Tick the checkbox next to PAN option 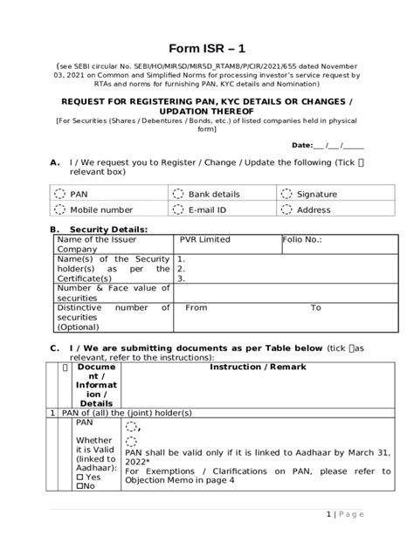tap(59, 193)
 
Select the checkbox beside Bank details tap(178, 193)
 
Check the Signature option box tap(287, 193)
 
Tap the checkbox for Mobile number tap(59, 210)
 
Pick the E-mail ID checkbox tap(178, 210)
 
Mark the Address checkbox tap(287, 210)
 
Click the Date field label tap(301, 145)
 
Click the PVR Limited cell tap(205, 239)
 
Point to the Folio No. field tap(302, 239)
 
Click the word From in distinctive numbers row tap(197, 307)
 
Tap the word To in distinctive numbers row tap(315, 307)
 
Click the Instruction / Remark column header tap(258, 368)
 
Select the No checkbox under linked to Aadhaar tap(79, 485)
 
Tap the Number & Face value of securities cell tap(114, 292)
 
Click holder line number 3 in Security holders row tap(181, 278)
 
